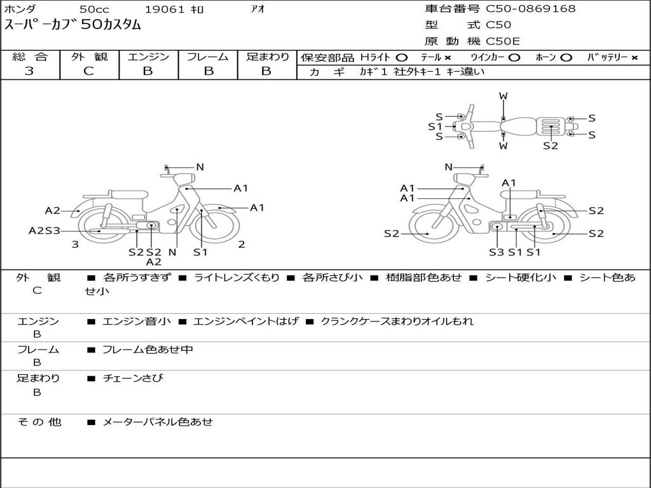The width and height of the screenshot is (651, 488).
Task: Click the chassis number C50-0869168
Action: pos(531,9)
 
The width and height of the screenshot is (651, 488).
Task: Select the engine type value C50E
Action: pos(503,41)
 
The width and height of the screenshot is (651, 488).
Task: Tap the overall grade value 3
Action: pos(29,71)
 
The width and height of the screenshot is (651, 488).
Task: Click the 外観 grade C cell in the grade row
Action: pos(89,71)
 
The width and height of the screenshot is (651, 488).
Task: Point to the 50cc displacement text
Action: pos(94,9)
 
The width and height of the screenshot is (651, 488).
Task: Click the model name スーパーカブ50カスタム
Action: pos(72,25)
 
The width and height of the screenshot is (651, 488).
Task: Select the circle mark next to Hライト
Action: pos(402,58)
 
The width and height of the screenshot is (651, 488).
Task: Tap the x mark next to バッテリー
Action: pos(634,58)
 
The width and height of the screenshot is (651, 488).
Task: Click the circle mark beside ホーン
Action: pos(566,58)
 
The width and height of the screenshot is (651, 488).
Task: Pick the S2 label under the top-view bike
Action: pos(551,146)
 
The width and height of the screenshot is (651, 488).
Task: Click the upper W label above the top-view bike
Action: pos(504,96)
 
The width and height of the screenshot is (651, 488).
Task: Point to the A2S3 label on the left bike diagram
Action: pos(45,231)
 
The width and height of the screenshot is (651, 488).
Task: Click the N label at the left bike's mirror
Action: pos(200,167)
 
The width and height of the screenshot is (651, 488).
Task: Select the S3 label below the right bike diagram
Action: pos(497,252)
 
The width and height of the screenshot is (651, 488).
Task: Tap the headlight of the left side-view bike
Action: pos(184,180)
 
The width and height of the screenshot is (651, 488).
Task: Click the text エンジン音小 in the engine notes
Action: pos(136,321)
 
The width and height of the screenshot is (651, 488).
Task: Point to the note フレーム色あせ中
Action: pos(147,349)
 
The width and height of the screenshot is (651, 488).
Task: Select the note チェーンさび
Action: pos(133,378)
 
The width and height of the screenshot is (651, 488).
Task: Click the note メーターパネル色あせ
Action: pos(158,422)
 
